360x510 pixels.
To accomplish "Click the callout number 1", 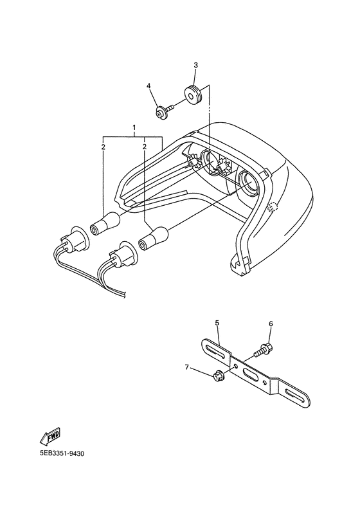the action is coord(134,126).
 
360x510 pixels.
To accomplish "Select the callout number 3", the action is coord(195,65).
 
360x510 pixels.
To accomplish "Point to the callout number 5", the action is coord(217,323).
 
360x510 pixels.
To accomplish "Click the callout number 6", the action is coord(271,323).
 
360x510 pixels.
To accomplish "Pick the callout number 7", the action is coord(186,367).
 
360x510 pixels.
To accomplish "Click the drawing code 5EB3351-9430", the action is coord(62,453).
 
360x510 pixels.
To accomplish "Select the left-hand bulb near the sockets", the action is coord(105,224).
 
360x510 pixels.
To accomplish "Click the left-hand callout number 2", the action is coord(103,147).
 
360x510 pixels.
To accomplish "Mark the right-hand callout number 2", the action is coord(144,147).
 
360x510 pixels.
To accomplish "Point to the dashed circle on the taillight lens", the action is coord(273,207).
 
